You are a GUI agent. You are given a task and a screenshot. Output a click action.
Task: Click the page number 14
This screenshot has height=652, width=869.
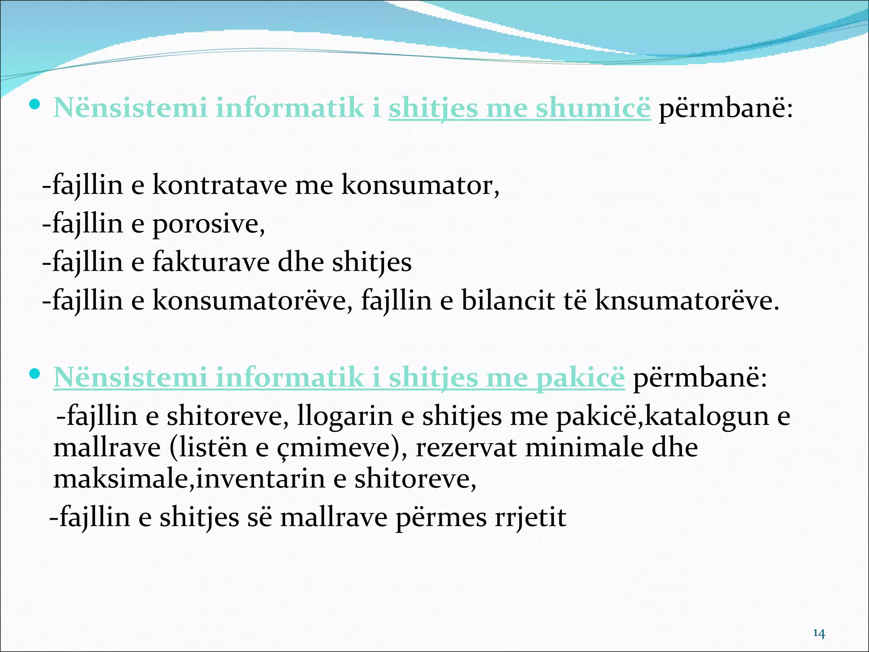pos(819,634)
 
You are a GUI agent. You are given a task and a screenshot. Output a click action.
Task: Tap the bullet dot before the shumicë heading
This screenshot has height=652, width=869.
pos(35,104)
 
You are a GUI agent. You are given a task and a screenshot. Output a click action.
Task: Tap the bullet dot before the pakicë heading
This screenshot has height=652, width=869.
pos(35,374)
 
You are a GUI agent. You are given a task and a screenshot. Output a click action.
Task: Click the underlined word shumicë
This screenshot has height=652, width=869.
pos(593,108)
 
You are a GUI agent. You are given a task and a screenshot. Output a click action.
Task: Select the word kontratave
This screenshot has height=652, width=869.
pos(219,185)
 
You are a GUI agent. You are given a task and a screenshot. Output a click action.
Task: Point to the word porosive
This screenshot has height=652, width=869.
pos(208,224)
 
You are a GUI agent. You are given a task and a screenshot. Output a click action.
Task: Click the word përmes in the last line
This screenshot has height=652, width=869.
pos(440,517)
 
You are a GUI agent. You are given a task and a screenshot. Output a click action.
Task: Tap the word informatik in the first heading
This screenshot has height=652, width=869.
pos(290,108)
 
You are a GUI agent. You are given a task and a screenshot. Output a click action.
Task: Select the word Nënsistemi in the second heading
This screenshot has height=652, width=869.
pos(130,377)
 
